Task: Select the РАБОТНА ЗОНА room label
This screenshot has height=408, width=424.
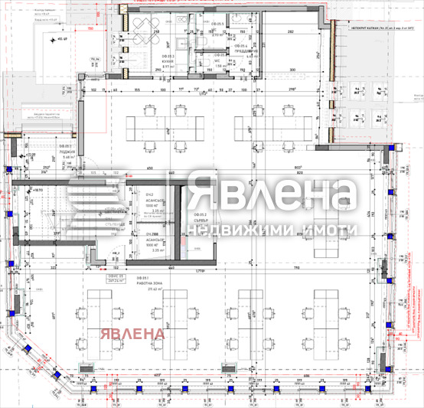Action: click(x=149, y=282)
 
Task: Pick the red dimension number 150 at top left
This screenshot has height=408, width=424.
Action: click(x=90, y=28)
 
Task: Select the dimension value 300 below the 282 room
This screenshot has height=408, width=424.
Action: click(x=292, y=70)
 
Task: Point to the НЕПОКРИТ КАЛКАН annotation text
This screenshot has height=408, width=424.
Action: click(x=373, y=26)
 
